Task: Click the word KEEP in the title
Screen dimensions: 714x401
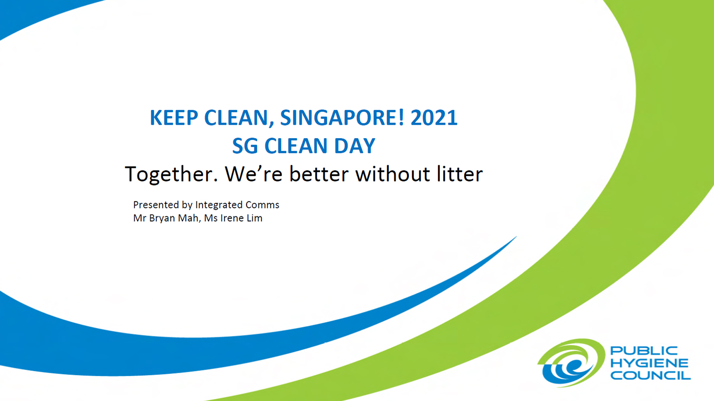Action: (174, 118)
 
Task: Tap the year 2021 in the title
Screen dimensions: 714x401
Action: (434, 118)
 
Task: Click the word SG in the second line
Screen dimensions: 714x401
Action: (245, 146)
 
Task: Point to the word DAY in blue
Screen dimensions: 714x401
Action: (355, 146)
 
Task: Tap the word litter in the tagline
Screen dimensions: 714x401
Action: (460, 174)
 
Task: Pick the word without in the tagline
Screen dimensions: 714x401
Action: (393, 174)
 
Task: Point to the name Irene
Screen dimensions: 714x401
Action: (232, 218)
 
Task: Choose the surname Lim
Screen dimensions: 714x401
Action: (255, 218)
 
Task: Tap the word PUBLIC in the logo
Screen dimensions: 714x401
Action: (644, 351)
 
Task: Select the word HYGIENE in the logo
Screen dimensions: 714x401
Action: (649, 363)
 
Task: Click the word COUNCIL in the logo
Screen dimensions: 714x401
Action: (650, 375)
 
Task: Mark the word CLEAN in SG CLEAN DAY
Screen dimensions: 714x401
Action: (296, 146)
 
